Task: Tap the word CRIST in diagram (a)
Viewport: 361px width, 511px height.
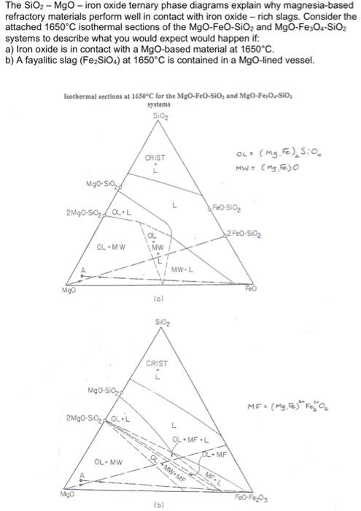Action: pyautogui.click(x=155, y=158)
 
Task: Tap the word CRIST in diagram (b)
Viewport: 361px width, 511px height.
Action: pyautogui.click(x=157, y=364)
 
